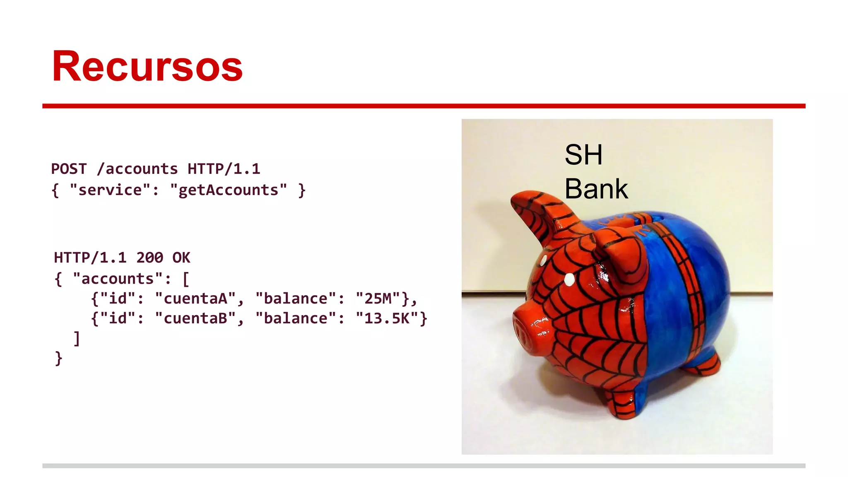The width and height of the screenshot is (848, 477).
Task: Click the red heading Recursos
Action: coord(147,66)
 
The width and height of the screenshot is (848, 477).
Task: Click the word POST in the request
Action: coord(69,169)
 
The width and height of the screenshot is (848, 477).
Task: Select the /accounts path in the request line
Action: coord(137,169)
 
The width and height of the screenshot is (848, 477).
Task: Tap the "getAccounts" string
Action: coord(228,190)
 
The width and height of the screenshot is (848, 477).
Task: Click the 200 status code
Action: coord(149,258)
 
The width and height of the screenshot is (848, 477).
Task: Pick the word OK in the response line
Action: coord(181,258)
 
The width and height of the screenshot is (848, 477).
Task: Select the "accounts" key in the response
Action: coord(118,279)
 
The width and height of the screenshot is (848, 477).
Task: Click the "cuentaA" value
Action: coord(195,299)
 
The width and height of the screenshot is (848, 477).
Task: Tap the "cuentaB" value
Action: coord(195,318)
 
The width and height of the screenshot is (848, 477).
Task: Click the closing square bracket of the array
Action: coord(77,338)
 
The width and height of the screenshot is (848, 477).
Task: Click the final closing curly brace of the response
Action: coord(58,358)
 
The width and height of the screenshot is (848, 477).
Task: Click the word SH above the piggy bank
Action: coord(583,155)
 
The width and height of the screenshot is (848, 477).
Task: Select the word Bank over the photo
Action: coord(596,189)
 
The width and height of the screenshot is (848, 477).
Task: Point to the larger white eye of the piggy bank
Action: coord(570,280)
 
